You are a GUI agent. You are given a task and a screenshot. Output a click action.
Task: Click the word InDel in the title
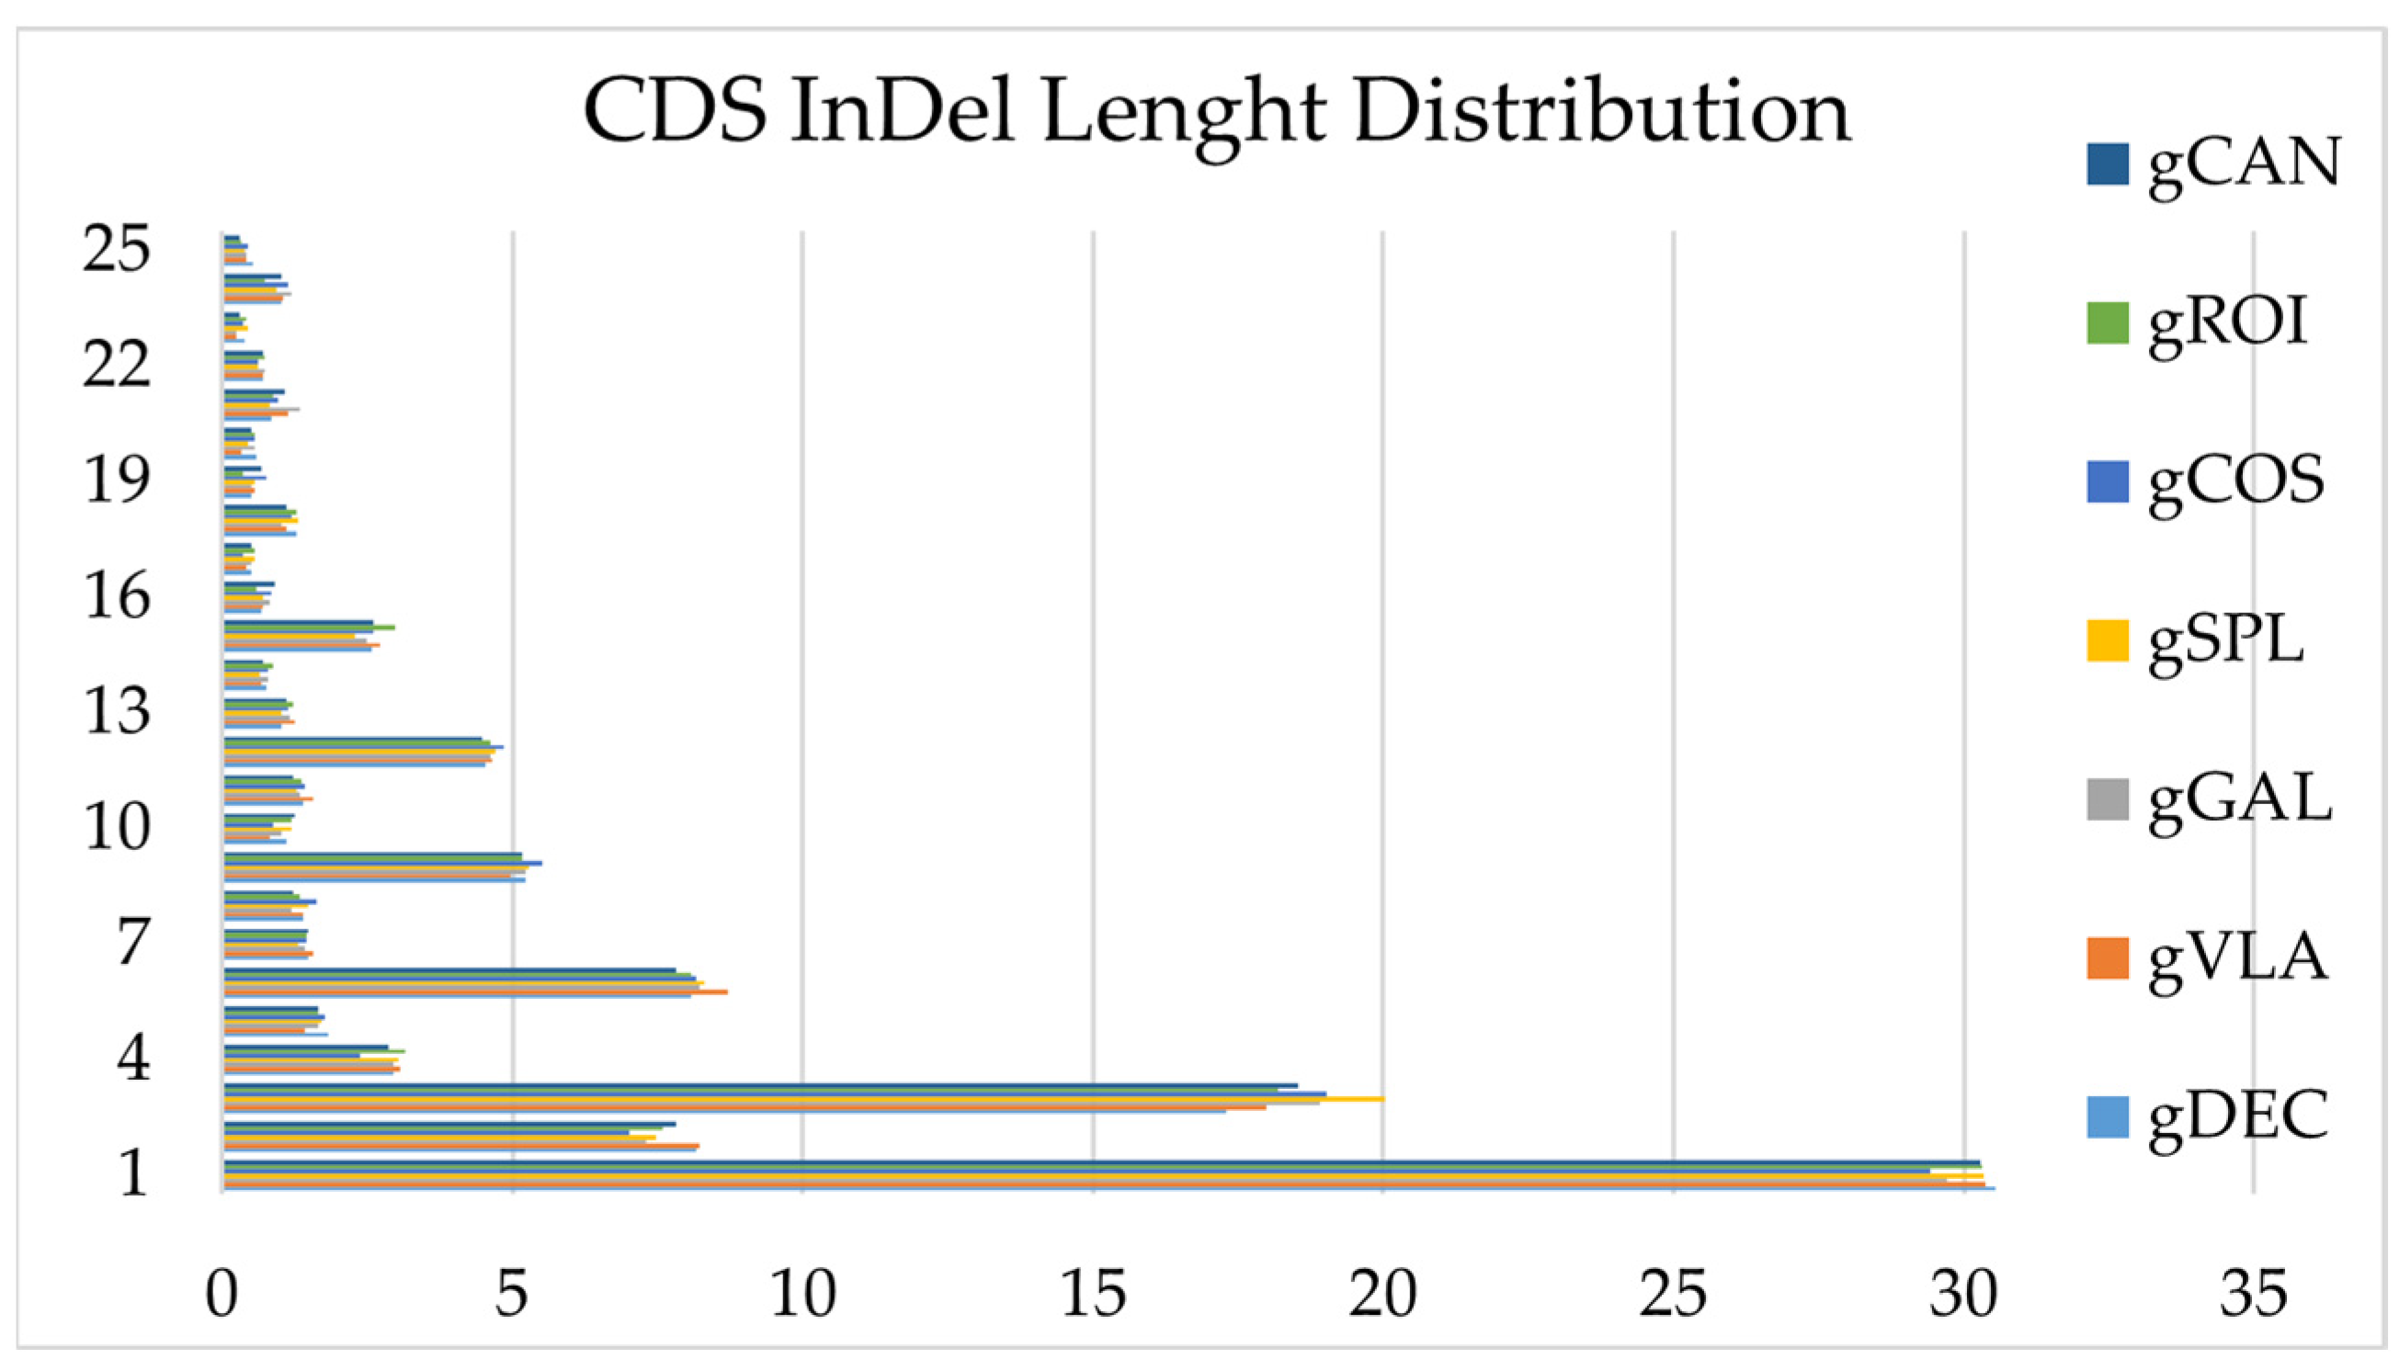pyautogui.click(x=902, y=112)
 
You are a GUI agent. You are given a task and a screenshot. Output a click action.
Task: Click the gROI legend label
pyautogui.click(x=2229, y=322)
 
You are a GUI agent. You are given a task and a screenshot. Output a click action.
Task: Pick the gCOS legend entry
pyautogui.click(x=2235, y=482)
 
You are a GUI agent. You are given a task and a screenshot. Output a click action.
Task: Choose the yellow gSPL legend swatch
pyautogui.click(x=2107, y=640)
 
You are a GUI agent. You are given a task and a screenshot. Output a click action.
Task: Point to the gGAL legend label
pyautogui.click(x=2240, y=799)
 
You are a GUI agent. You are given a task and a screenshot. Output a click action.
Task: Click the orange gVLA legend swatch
pyautogui.click(x=2107, y=958)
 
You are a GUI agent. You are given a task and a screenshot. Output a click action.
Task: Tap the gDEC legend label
pyautogui.click(x=2238, y=1116)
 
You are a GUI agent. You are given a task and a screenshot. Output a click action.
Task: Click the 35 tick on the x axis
pyautogui.click(x=2253, y=1295)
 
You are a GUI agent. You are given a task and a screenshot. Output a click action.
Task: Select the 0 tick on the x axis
pyautogui.click(x=222, y=1295)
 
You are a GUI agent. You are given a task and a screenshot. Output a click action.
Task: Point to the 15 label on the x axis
pyautogui.click(x=1093, y=1295)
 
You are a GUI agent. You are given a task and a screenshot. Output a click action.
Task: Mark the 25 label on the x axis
pyautogui.click(x=1673, y=1295)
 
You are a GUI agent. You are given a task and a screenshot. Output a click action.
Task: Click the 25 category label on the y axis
pyautogui.click(x=117, y=251)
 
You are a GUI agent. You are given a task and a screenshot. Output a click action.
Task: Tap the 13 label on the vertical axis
pyautogui.click(x=117, y=712)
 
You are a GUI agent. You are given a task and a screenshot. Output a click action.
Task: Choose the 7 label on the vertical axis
pyautogui.click(x=132, y=944)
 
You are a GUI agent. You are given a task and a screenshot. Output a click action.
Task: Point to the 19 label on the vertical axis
pyautogui.click(x=117, y=482)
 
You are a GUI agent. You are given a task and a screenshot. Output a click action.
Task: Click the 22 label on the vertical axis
pyautogui.click(x=117, y=366)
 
